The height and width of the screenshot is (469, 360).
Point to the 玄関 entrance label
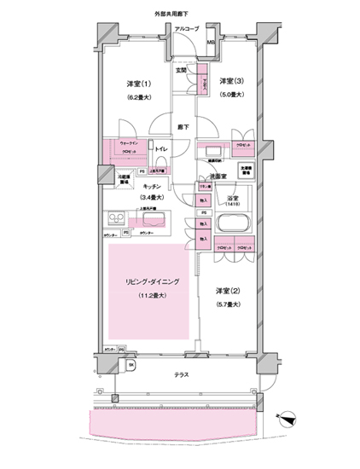coord(182,69)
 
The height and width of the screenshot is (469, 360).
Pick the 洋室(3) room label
coord(231,83)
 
